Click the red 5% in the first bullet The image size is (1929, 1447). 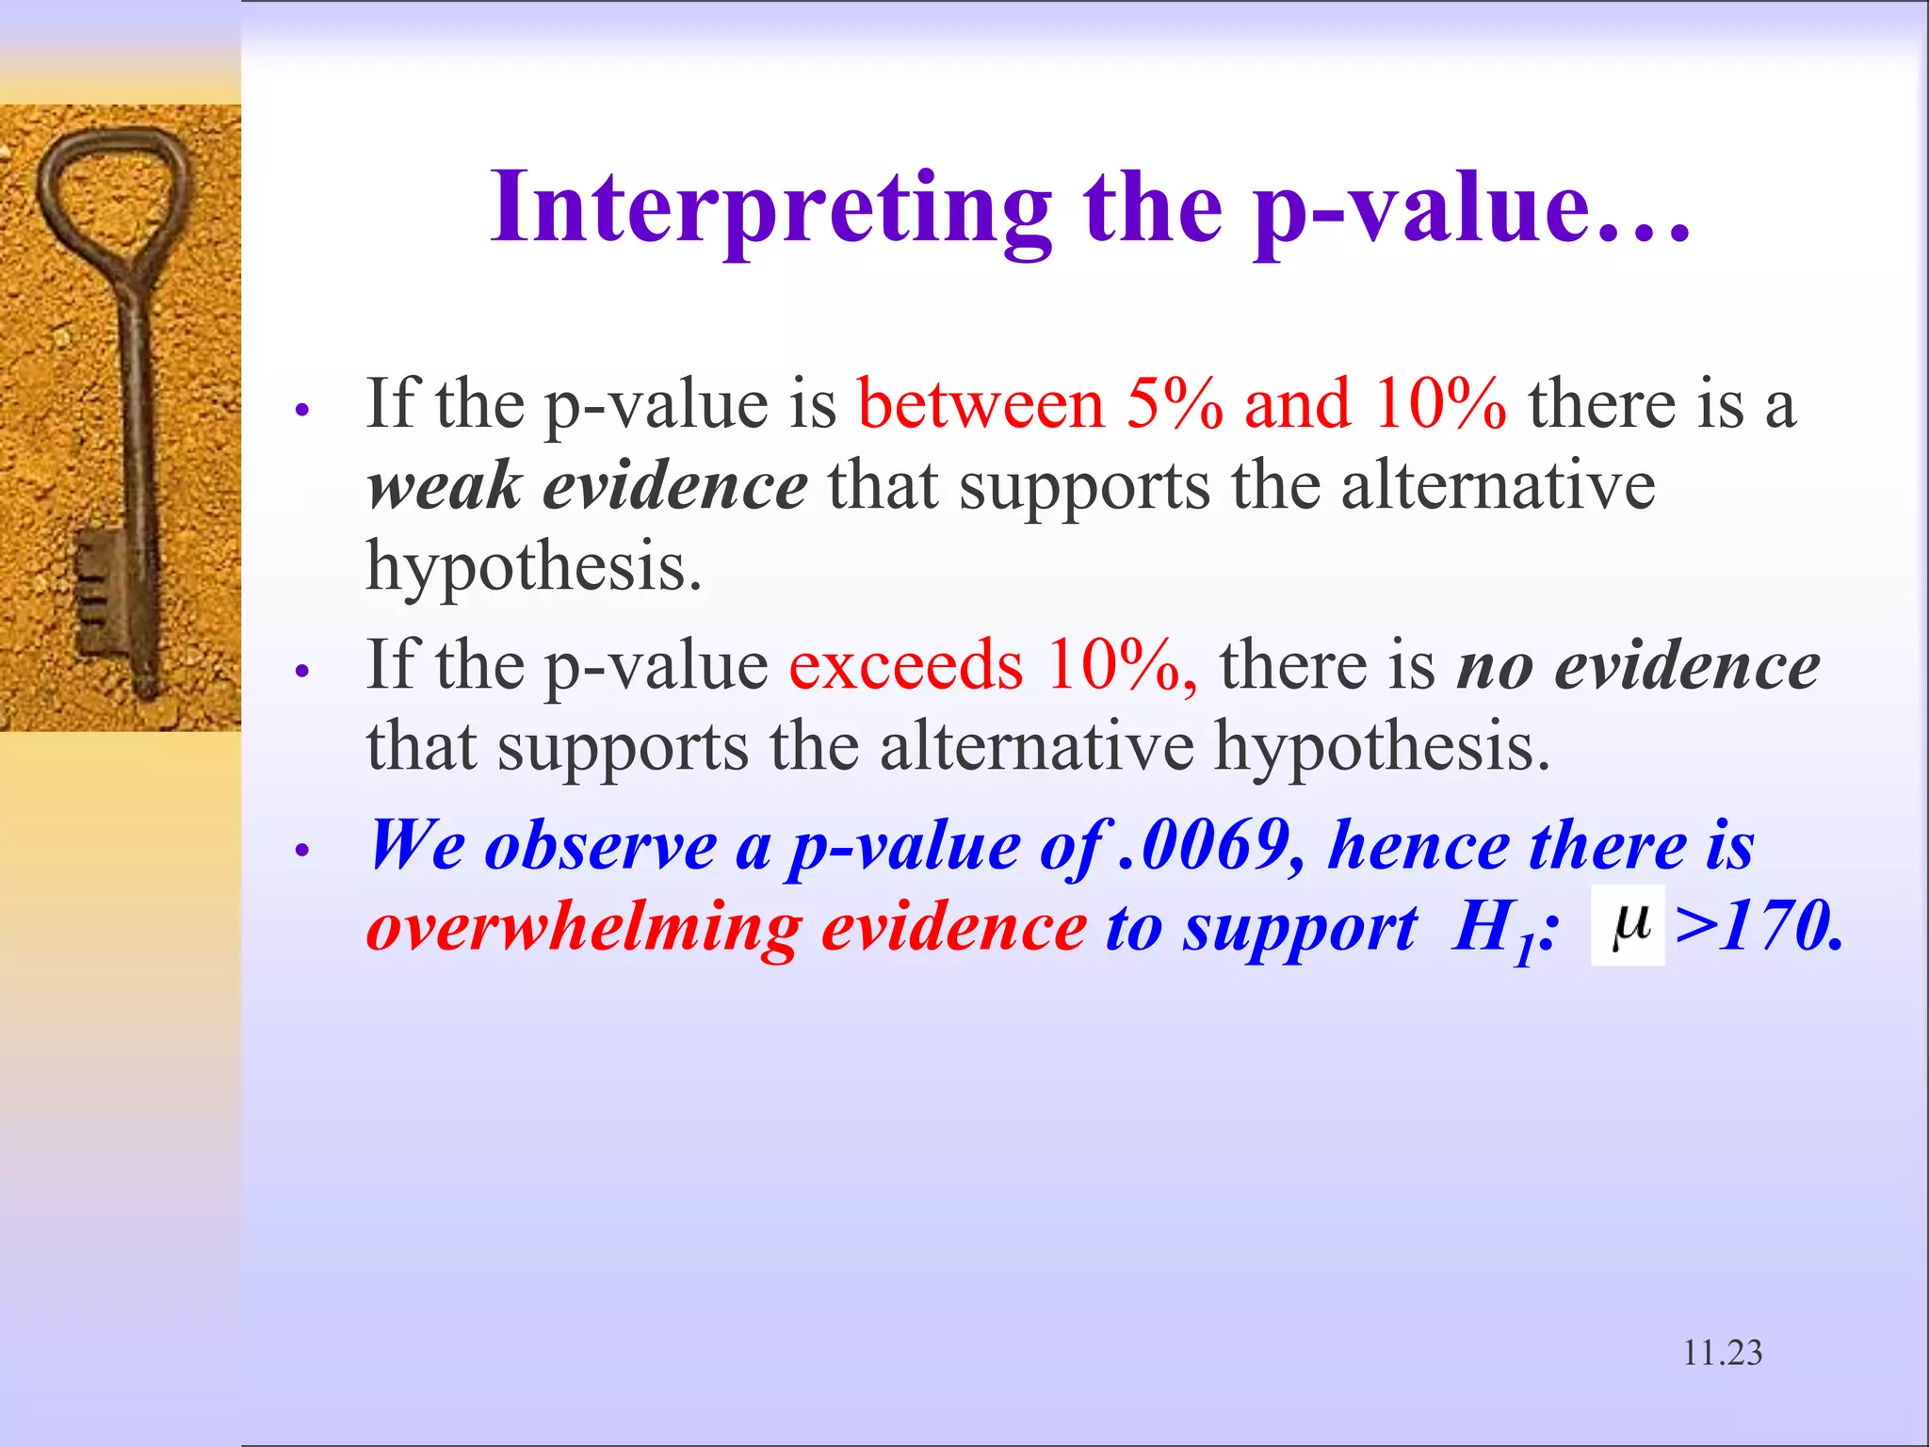tap(1174, 404)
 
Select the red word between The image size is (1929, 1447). tap(980, 404)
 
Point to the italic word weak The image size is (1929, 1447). tap(444, 486)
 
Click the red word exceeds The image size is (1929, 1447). tap(905, 665)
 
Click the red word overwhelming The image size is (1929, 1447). tap(583, 927)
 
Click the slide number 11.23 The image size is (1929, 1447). tap(1722, 1353)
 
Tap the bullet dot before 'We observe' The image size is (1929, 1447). tap(301, 851)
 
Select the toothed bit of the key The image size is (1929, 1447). tap(99, 589)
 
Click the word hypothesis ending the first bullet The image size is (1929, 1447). tap(533, 568)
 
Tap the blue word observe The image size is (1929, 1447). tap(600, 845)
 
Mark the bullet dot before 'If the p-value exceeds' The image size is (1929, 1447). tap(301, 672)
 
